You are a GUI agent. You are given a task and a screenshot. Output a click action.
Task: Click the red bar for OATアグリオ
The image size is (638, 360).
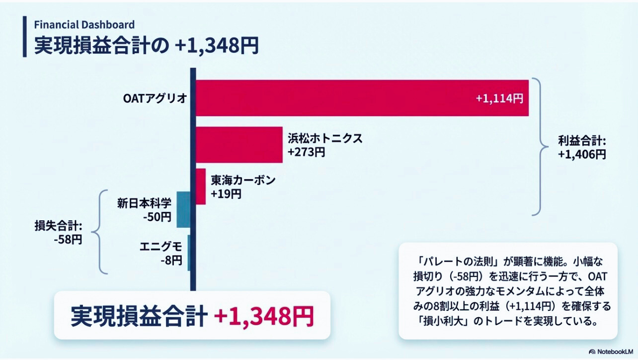(348, 98)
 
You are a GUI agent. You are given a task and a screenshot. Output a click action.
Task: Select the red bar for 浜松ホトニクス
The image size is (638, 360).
(239, 145)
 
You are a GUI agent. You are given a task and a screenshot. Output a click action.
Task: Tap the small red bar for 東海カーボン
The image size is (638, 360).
(201, 186)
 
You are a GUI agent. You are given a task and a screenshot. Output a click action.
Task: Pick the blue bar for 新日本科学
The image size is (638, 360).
(183, 209)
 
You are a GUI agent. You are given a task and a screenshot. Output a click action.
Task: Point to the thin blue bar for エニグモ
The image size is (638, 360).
(189, 253)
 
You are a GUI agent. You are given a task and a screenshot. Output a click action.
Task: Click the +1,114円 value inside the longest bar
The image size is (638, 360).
(499, 98)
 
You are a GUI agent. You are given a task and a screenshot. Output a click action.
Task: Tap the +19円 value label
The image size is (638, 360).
(226, 193)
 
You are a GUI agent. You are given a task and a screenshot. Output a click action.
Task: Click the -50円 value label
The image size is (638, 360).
(157, 217)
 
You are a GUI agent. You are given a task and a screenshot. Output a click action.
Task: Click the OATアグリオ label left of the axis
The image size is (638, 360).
(155, 98)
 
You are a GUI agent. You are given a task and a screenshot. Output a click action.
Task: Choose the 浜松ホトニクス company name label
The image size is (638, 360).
(325, 138)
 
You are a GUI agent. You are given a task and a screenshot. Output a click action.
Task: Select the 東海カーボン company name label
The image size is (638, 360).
(242, 180)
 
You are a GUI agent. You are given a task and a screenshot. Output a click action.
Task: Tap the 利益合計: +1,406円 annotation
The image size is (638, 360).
(582, 148)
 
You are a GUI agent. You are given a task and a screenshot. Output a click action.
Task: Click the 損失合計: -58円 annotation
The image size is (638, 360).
(58, 232)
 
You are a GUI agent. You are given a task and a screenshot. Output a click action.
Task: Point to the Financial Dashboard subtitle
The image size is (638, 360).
(84, 24)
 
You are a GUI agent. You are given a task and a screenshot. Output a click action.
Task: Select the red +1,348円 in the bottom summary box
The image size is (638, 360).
(264, 316)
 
